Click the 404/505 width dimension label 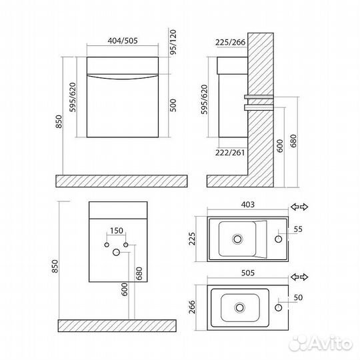pos(123,41)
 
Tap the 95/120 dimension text pos(173,42)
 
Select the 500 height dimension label pos(173,105)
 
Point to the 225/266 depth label pos(230,42)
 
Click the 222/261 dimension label pos(230,153)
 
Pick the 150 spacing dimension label pos(117,231)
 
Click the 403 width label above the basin pos(248,205)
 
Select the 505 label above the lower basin pos(248,273)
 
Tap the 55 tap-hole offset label pos(298,229)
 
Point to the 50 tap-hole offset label pos(298,297)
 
